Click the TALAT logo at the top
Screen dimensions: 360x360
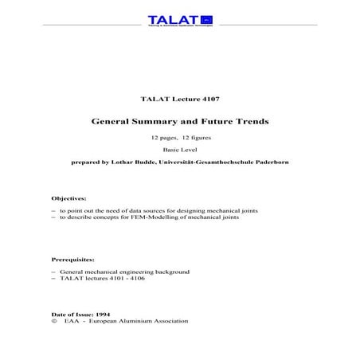pos(179,19)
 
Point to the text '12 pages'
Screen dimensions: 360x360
pos(165,139)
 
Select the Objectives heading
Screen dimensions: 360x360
pos(68,198)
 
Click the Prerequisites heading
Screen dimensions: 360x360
pos(72,260)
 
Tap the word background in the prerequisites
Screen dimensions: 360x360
pos(174,272)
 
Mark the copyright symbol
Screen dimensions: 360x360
pos(53,321)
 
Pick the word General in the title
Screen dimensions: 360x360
pos(115,123)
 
